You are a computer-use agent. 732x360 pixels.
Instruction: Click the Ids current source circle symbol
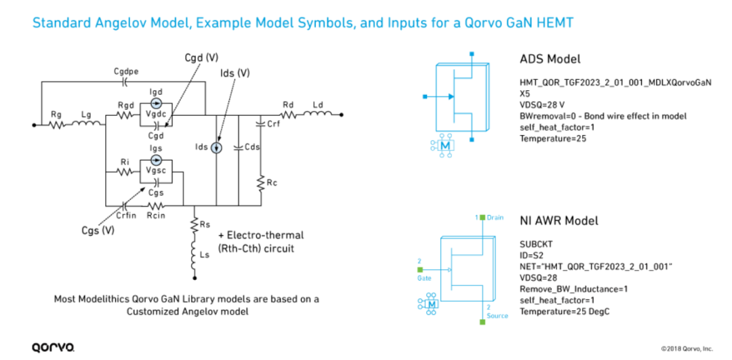216,148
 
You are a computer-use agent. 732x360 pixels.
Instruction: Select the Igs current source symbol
157,160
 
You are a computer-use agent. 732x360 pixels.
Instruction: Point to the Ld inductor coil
318,114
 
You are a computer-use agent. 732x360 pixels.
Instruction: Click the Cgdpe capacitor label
124,71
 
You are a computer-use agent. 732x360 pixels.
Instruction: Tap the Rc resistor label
271,184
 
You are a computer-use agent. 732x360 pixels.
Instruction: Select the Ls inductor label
203,255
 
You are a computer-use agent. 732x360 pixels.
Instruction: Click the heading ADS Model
550,59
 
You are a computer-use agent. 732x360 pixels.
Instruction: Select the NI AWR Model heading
558,220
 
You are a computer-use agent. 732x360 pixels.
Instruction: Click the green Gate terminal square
420,269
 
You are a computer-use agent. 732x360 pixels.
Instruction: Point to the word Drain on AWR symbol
495,218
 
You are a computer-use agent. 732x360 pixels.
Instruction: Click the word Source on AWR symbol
497,316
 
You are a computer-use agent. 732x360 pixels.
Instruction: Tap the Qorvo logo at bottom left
54,347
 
